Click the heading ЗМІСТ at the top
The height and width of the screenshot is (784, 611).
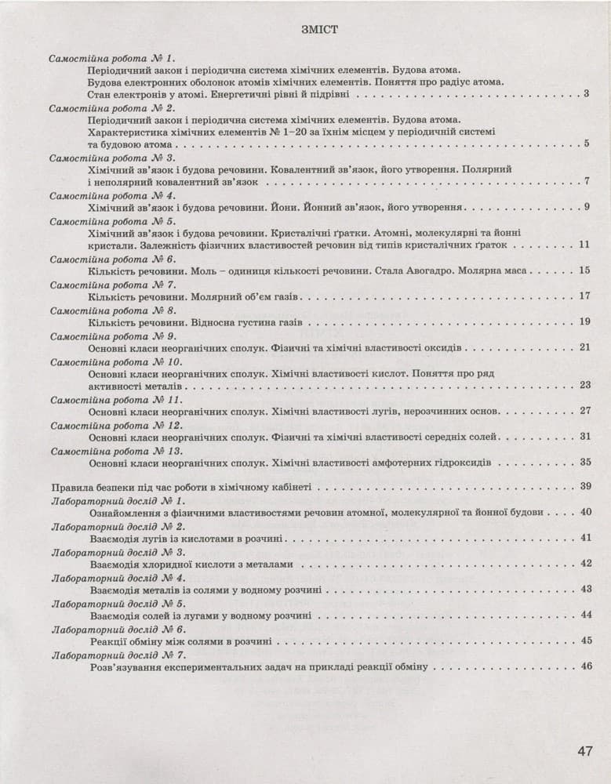click(x=318, y=31)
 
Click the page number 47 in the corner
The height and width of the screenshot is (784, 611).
click(x=584, y=751)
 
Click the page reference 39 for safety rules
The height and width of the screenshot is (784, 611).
click(x=585, y=487)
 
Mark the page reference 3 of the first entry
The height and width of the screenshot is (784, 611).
click(x=587, y=94)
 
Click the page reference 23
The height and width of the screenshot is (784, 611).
click(x=585, y=384)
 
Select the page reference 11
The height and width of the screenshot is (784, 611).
click(x=584, y=245)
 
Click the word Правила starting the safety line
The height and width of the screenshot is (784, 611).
click(x=68, y=487)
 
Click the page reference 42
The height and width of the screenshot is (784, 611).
click(x=585, y=564)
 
